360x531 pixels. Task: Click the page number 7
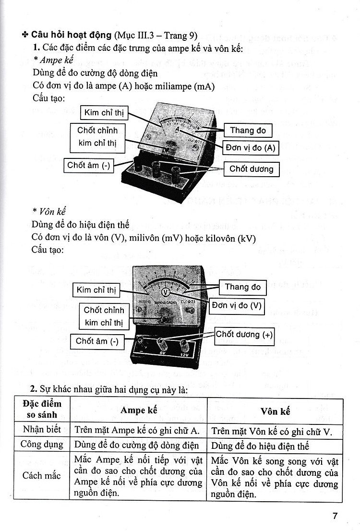pyautogui.click(x=335, y=516)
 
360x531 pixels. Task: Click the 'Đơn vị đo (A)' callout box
pyautogui.click(x=251, y=148)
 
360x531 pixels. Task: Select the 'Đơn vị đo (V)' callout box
pyautogui.click(x=237, y=305)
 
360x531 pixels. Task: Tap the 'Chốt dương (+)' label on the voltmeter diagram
pyautogui.click(x=243, y=335)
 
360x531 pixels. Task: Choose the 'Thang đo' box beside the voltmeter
pyautogui.click(x=242, y=287)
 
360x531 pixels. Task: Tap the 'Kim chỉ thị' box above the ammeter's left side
pyautogui.click(x=104, y=113)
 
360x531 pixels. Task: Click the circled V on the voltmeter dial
pyautogui.click(x=166, y=292)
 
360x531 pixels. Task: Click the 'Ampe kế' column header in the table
pyautogui.click(x=139, y=411)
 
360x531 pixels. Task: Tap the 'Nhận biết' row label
pyautogui.click(x=42, y=430)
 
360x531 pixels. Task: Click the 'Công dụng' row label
pyautogui.click(x=42, y=445)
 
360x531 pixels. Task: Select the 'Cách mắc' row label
pyautogui.click(x=42, y=476)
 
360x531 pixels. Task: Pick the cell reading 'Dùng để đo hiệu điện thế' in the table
pyautogui.click(x=260, y=446)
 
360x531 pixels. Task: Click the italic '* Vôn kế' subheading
pyautogui.click(x=49, y=212)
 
